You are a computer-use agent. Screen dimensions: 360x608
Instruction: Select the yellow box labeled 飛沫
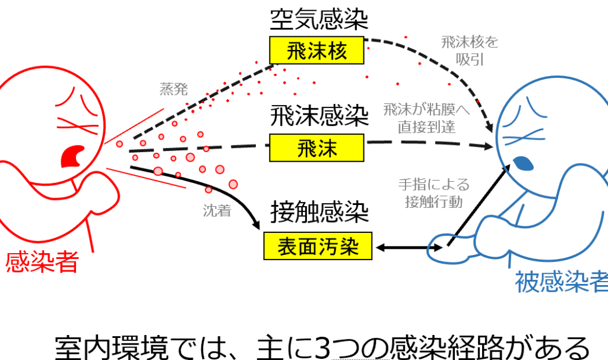316,147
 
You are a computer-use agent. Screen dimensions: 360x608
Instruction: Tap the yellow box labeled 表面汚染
318,246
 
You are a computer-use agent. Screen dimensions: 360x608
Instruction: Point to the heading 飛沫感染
319,116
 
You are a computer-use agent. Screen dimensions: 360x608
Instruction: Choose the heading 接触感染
319,212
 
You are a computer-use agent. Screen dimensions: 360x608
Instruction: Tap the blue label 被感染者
561,280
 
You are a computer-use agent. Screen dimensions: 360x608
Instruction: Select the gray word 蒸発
173,90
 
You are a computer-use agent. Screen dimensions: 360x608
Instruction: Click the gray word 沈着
216,210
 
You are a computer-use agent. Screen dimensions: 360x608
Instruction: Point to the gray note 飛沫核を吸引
470,51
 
